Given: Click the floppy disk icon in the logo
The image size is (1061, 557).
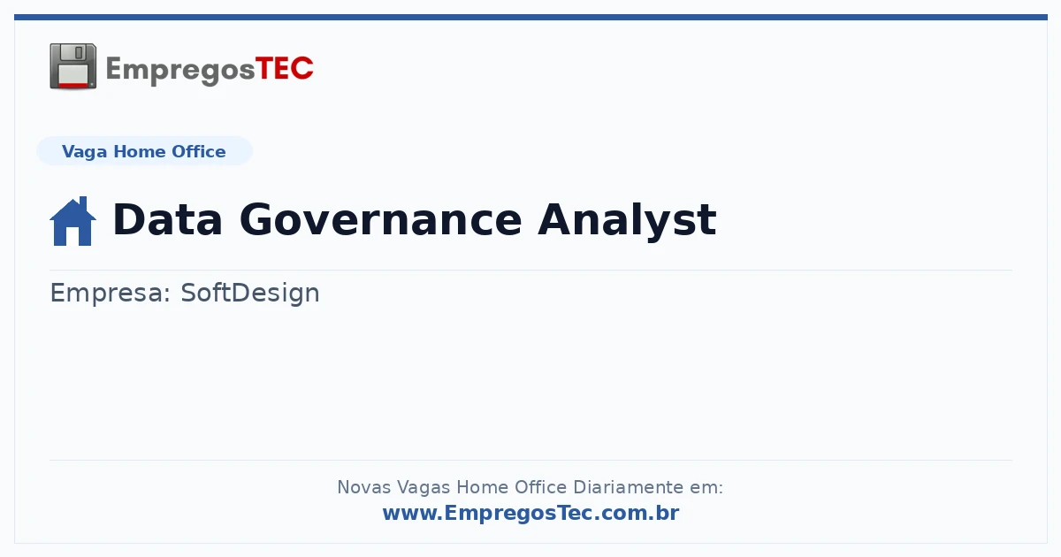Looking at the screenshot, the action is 73,66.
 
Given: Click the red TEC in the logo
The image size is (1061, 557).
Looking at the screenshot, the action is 284,69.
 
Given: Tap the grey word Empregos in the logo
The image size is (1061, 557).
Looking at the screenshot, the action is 180,71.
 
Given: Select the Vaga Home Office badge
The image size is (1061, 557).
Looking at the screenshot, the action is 144,151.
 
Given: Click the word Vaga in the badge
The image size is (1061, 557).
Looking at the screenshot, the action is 84,152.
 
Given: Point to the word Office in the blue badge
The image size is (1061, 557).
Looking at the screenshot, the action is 198,151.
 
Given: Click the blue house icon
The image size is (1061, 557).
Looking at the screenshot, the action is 73,221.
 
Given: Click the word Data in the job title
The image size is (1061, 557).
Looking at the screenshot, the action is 168,219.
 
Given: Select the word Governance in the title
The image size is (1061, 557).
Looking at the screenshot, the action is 380,219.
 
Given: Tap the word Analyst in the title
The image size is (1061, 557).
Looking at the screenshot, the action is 627,222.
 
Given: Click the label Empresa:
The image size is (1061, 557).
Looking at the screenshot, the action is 110,293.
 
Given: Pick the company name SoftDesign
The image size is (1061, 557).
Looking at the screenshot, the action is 250,294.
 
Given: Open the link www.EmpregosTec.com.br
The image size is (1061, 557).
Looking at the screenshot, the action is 531,513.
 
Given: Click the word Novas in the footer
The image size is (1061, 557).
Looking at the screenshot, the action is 363,487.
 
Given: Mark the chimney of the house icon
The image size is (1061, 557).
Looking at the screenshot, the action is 83,203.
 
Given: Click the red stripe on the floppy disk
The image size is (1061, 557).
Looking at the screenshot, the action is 73,85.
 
